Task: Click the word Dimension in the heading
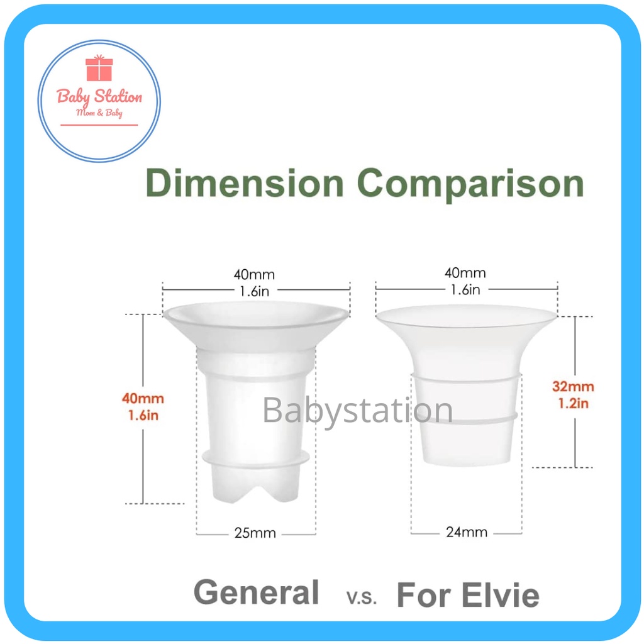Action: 245,183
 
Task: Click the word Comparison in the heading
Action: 470,185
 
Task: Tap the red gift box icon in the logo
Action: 99,68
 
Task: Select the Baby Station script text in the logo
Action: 99,97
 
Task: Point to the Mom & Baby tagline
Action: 99,113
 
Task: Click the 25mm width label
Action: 255,533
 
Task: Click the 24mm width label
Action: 467,532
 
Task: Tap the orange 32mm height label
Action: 573,386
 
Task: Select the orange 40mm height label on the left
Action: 143,398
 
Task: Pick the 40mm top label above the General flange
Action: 254,274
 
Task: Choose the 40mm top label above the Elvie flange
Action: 465,272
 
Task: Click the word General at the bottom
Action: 257,592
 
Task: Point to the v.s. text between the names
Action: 362,597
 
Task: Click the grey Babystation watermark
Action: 357,409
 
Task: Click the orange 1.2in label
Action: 574,403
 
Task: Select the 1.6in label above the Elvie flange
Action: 465,289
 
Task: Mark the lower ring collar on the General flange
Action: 255,458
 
